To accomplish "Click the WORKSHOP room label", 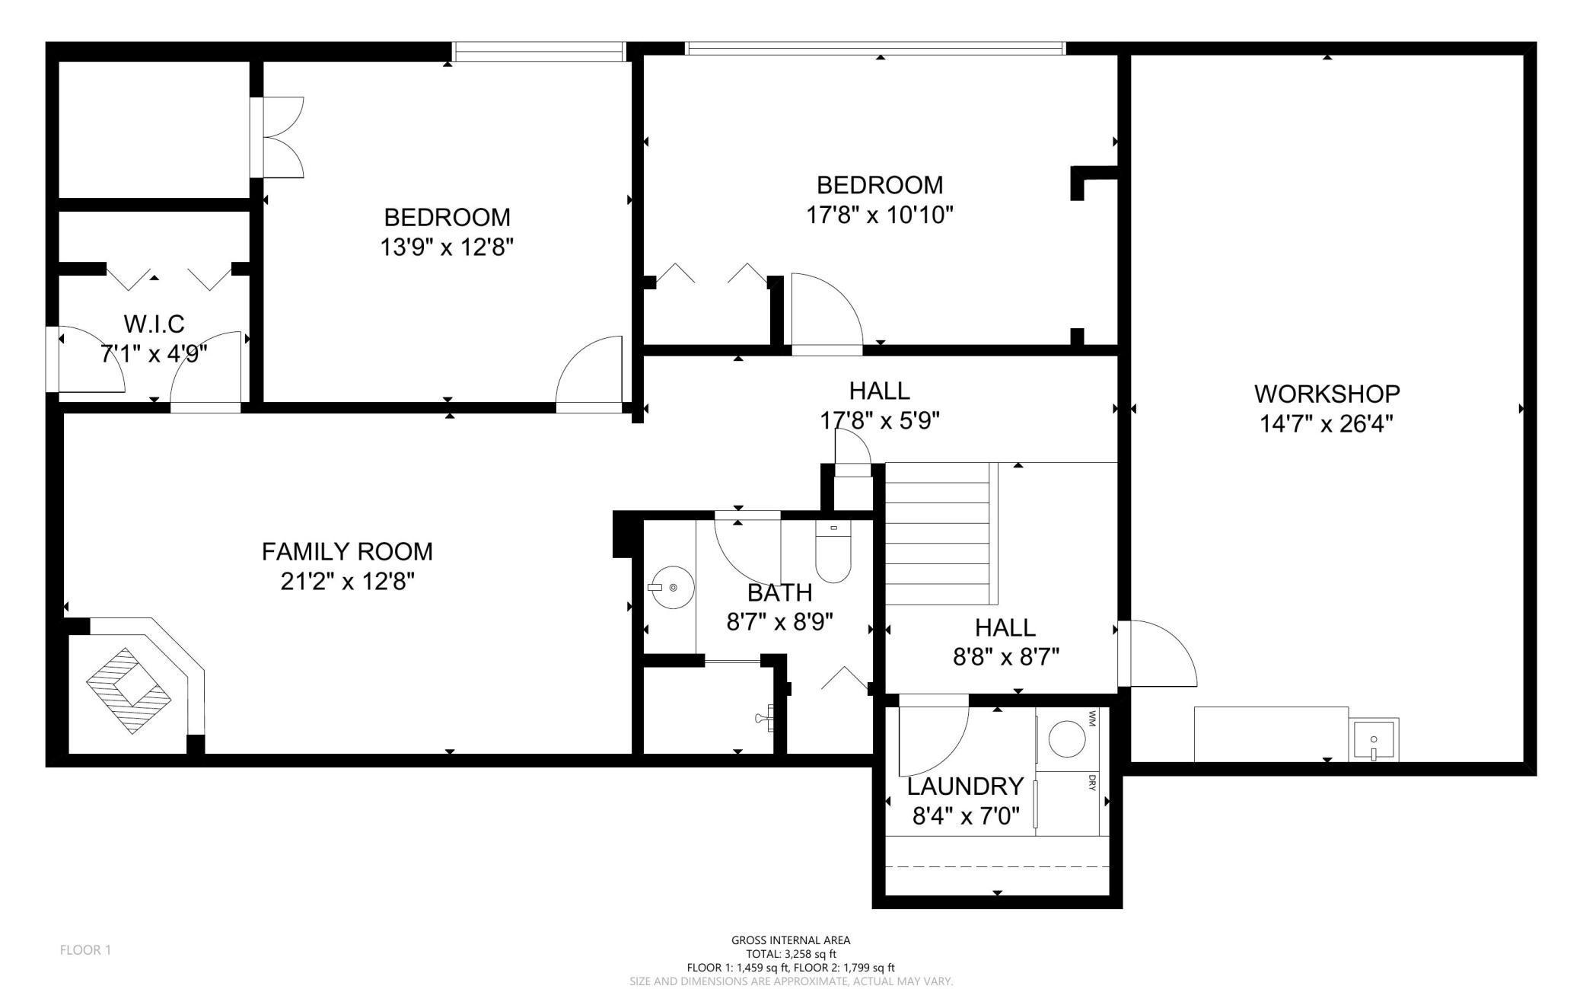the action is click(1327, 394).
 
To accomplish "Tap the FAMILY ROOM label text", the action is click(347, 551).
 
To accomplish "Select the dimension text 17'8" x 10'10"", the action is click(880, 215).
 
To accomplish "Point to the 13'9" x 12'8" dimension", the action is click(448, 247).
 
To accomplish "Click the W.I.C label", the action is click(154, 324).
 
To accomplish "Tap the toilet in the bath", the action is click(833, 550).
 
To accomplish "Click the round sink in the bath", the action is click(671, 588).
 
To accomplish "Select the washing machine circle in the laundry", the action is click(1068, 739).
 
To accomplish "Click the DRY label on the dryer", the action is click(1092, 783).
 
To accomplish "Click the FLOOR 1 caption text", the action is click(85, 950).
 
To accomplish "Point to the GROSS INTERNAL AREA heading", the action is click(791, 940).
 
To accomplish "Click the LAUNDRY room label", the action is click(966, 786).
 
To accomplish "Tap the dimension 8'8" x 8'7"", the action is click(1006, 657).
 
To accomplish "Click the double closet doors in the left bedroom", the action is click(278, 137).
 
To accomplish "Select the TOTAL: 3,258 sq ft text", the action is click(791, 954).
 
